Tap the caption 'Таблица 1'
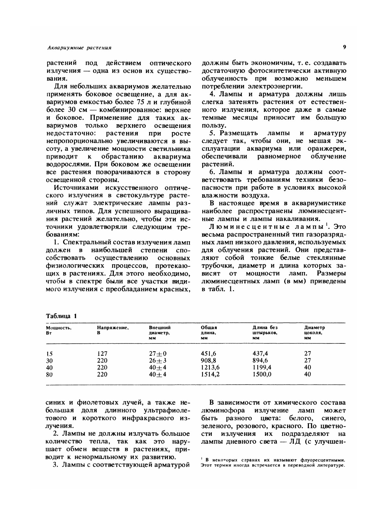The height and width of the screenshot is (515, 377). pyautogui.click(x=62, y=316)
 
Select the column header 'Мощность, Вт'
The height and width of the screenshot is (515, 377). pyautogui.click(x=59, y=330)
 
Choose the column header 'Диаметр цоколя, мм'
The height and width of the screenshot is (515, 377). pyautogui.click(x=314, y=333)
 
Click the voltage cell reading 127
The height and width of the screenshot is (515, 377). pyautogui.click(x=102, y=353)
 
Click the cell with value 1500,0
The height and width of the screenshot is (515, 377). pyautogui.click(x=262, y=374)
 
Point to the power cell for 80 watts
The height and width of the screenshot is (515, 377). pyautogui.click(x=49, y=375)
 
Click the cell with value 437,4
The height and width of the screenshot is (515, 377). pyautogui.click(x=260, y=353)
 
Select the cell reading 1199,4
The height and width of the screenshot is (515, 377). pyautogui.click(x=262, y=367)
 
